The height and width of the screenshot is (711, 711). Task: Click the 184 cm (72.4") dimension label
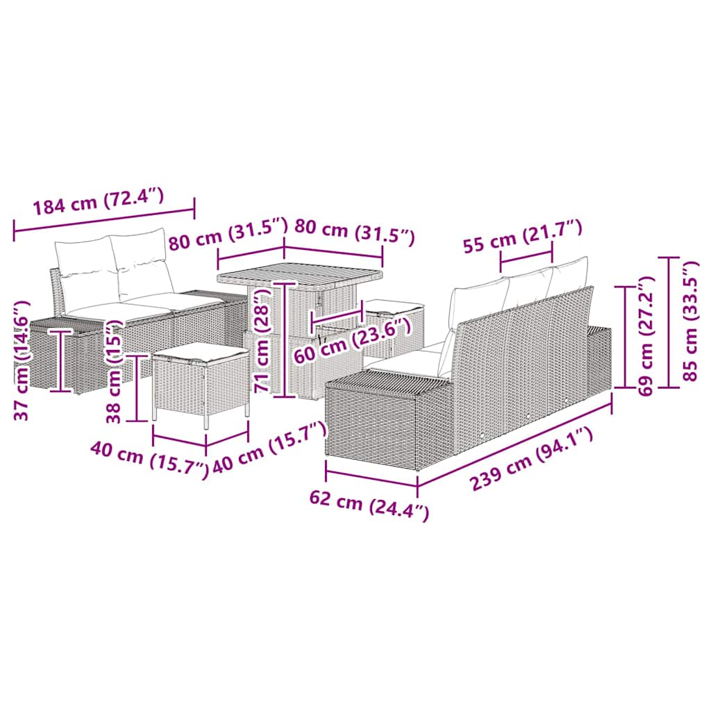point(99,201)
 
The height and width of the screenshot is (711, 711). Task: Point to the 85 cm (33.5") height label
point(689,321)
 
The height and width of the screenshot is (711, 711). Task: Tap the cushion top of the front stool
point(200,351)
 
